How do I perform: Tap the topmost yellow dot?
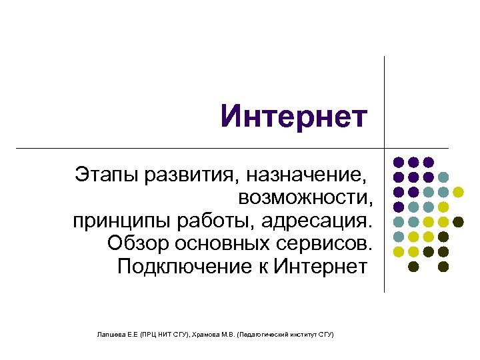pos(459,192)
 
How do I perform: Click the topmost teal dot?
pos(443,177)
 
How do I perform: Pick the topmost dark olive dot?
pos(459,222)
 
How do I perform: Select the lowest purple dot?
pos(398,207)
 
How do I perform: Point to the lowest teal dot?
pos(398,237)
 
